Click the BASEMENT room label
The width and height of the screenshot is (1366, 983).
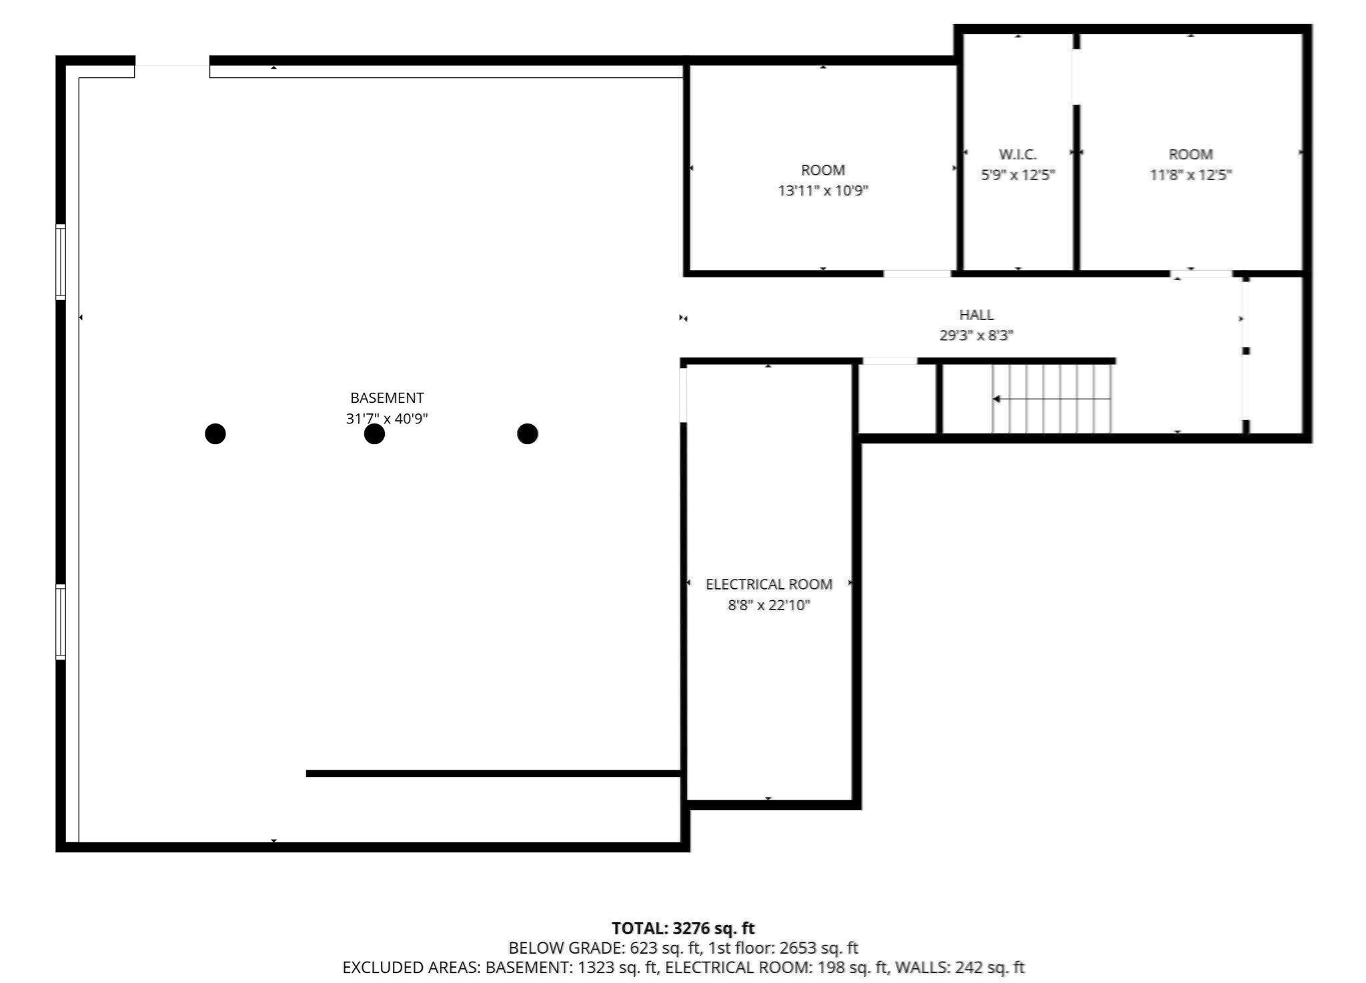tap(387, 398)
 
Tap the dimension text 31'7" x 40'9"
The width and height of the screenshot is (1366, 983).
tap(387, 419)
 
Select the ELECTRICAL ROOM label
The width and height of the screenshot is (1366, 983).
tap(768, 584)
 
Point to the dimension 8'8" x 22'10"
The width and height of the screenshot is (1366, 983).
tap(768, 606)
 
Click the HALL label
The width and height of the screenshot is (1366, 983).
tap(976, 315)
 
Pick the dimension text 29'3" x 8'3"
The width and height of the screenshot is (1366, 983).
tap(976, 335)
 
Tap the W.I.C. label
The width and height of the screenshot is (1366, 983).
tap(1017, 155)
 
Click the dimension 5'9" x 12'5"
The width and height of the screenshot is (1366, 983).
tap(1017, 175)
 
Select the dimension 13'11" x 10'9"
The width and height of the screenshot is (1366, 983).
tap(823, 191)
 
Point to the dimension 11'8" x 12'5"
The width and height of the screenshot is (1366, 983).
tap(1190, 175)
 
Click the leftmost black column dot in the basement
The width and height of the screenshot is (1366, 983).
tap(215, 434)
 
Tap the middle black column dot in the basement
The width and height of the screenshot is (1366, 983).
tap(374, 434)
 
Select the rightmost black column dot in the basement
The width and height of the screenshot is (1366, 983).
tap(527, 434)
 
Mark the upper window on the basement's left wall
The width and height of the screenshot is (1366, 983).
tap(61, 262)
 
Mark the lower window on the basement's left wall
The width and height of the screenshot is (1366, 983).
tap(61, 622)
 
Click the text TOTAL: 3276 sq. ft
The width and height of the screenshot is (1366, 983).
tap(682, 928)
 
